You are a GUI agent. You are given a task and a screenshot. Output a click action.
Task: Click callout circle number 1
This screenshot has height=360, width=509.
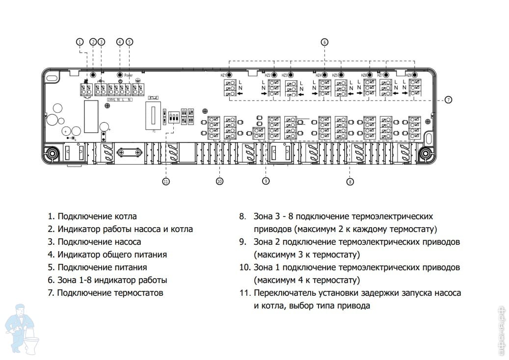(x=80, y=42)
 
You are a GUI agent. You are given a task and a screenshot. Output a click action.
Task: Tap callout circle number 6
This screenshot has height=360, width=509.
(x=324, y=42)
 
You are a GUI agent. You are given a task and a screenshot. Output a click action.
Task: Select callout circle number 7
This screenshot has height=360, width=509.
(x=448, y=100)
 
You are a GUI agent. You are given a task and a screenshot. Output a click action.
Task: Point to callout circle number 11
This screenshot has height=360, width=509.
(x=166, y=181)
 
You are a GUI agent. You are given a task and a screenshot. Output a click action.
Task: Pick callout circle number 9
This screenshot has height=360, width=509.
(x=266, y=181)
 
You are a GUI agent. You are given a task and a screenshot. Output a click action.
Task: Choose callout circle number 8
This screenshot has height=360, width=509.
(x=350, y=181)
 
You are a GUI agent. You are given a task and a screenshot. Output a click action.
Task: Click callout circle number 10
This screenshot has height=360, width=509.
(x=219, y=181)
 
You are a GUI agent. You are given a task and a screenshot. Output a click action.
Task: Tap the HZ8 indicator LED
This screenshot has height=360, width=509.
(x=415, y=75)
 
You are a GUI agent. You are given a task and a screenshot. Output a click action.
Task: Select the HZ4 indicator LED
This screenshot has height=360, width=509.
(x=324, y=75)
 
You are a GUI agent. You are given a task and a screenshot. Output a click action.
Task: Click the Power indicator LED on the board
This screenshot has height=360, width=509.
(x=120, y=75)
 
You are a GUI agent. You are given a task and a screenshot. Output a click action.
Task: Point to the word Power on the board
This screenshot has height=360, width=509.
(x=129, y=76)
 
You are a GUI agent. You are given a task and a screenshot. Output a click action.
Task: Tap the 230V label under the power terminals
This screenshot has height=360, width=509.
(x=110, y=100)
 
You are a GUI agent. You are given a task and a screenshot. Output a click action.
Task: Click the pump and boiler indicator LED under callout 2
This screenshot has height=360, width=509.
(x=93, y=75)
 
